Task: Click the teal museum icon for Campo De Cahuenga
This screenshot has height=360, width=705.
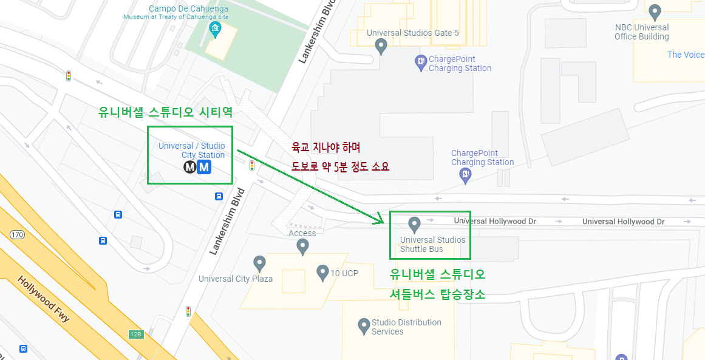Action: pos(214,29)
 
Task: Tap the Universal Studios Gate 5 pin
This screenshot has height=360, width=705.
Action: pos(381,45)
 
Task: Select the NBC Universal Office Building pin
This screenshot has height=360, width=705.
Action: pos(655,11)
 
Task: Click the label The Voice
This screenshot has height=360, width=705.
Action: pos(686,55)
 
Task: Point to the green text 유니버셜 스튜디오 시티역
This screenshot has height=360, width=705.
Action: pos(166,112)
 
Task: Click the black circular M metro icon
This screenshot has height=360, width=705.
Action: pos(190,167)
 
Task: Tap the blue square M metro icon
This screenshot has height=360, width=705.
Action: pos(205,167)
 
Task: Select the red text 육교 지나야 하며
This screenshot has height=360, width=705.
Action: pos(326,148)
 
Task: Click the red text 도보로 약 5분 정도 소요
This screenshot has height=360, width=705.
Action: pos(340,166)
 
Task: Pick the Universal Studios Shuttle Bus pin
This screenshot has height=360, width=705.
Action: pos(414,224)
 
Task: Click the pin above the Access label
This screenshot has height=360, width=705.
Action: pos(302,246)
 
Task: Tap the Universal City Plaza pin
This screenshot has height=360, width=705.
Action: pos(259,263)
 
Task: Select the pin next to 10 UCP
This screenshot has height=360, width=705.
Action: pos(322,272)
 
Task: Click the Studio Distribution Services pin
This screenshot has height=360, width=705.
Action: pos(364,325)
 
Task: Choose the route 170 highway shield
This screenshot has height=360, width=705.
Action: pos(17,235)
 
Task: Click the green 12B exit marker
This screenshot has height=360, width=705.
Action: pos(135,335)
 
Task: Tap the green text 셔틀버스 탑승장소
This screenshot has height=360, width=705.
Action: pos(437,294)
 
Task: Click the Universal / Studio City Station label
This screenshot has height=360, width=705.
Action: pos(192,150)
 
